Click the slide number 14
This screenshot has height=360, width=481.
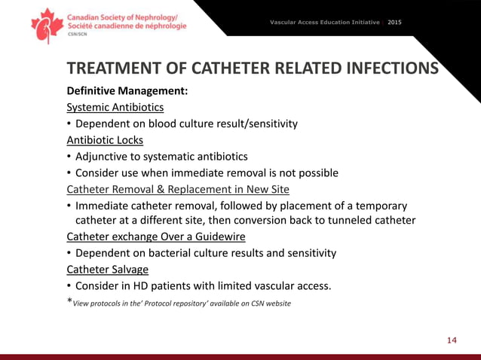452,340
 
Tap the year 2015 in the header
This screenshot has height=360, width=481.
394,22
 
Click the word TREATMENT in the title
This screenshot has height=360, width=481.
116,69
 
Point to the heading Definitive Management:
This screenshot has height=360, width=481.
127,91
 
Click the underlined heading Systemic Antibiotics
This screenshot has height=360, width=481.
115,107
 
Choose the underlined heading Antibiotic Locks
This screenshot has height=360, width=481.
105,139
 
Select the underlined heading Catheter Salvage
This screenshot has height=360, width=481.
107,269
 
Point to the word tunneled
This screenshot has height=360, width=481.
340,220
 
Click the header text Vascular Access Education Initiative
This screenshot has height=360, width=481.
325,22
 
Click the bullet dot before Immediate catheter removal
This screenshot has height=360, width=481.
69,206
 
